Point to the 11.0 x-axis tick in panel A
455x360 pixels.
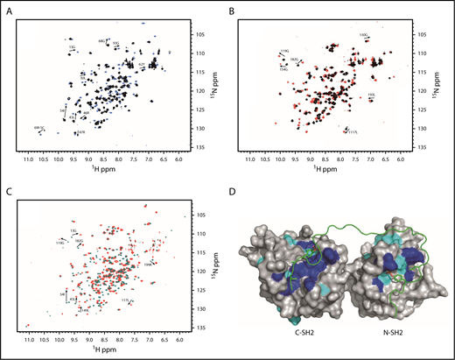pyautogui.click(x=29, y=159)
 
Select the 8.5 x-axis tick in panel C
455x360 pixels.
pyautogui.click(x=103, y=338)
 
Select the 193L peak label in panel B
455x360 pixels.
pyautogui.click(x=372, y=95)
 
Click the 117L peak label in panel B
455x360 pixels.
pyautogui.click(x=353, y=132)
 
